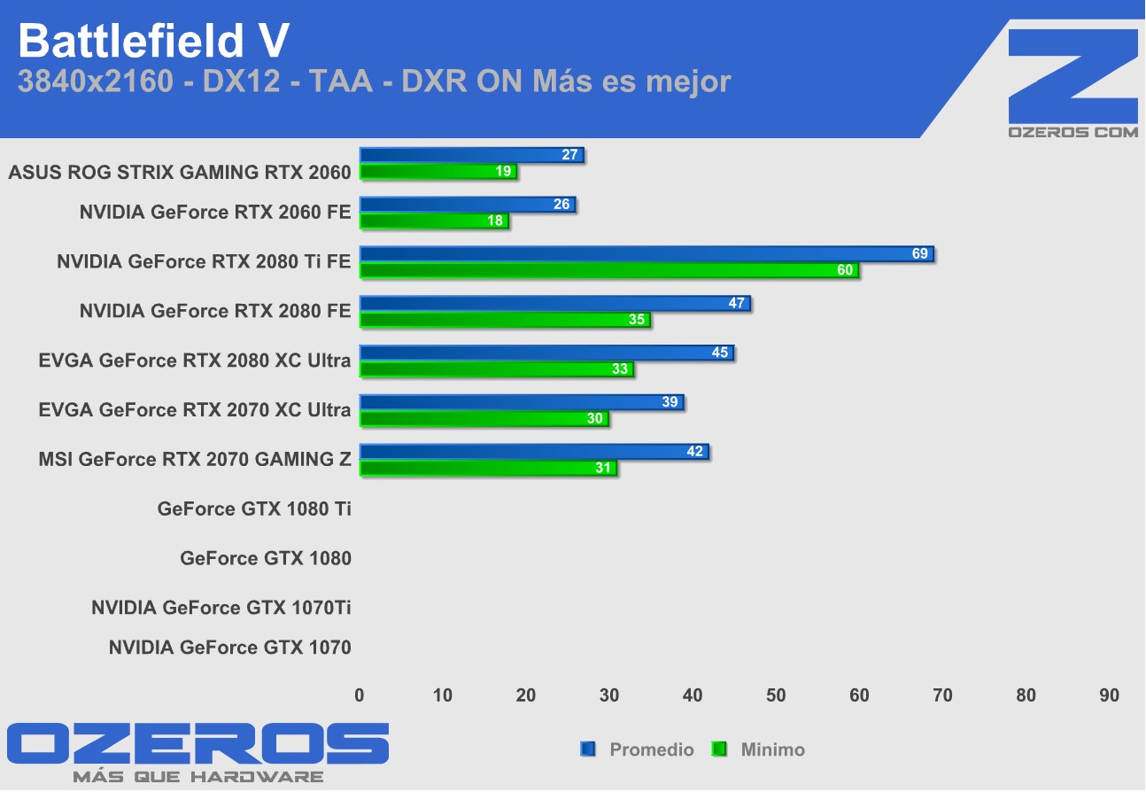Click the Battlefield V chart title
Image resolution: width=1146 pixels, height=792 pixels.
point(152,40)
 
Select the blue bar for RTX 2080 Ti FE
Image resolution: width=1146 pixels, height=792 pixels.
point(647,254)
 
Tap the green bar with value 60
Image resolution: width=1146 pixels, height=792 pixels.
point(608,270)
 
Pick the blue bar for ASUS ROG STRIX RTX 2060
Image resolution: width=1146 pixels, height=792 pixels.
point(471,155)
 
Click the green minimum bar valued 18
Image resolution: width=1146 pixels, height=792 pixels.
point(434,221)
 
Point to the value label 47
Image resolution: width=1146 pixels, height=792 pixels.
point(737,304)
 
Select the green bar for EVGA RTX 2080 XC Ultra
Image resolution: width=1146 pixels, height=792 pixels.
point(496,369)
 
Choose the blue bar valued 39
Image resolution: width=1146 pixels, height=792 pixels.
point(522,403)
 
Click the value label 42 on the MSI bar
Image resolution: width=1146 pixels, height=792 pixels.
point(695,453)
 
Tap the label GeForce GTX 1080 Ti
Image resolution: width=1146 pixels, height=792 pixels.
point(254,509)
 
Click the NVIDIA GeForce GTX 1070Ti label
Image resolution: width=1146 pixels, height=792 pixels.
point(221,609)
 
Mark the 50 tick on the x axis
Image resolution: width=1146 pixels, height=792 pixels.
point(776,696)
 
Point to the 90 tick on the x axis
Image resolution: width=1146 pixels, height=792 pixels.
point(1109,696)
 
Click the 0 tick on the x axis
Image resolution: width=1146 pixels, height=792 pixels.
point(360,696)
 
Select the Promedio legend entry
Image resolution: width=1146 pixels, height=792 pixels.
point(651,750)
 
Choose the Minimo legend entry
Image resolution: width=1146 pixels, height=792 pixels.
point(772,750)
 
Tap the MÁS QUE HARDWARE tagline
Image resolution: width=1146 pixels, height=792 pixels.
point(197,777)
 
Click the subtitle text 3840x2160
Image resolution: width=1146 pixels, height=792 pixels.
point(96,82)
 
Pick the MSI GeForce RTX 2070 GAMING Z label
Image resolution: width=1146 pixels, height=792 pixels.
point(195,460)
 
